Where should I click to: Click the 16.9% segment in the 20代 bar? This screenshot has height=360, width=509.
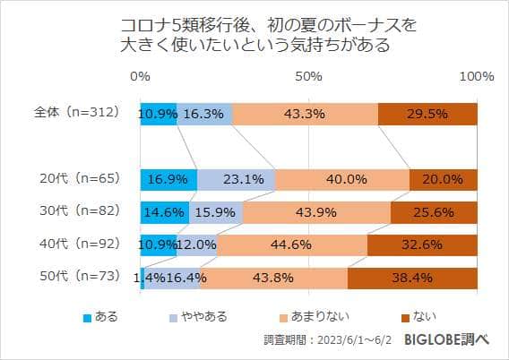168,179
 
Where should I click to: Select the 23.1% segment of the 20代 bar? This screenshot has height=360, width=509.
236,179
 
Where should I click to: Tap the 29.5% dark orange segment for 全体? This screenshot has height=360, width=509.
427,114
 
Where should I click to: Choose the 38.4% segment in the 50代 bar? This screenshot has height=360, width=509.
412,278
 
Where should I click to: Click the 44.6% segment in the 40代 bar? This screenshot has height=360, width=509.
292,244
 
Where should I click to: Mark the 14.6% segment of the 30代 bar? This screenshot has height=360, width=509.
164,212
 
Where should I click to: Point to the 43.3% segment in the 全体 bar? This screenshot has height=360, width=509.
305,114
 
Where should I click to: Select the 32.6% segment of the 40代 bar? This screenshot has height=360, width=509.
422,244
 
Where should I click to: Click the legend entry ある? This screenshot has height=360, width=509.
100,316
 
